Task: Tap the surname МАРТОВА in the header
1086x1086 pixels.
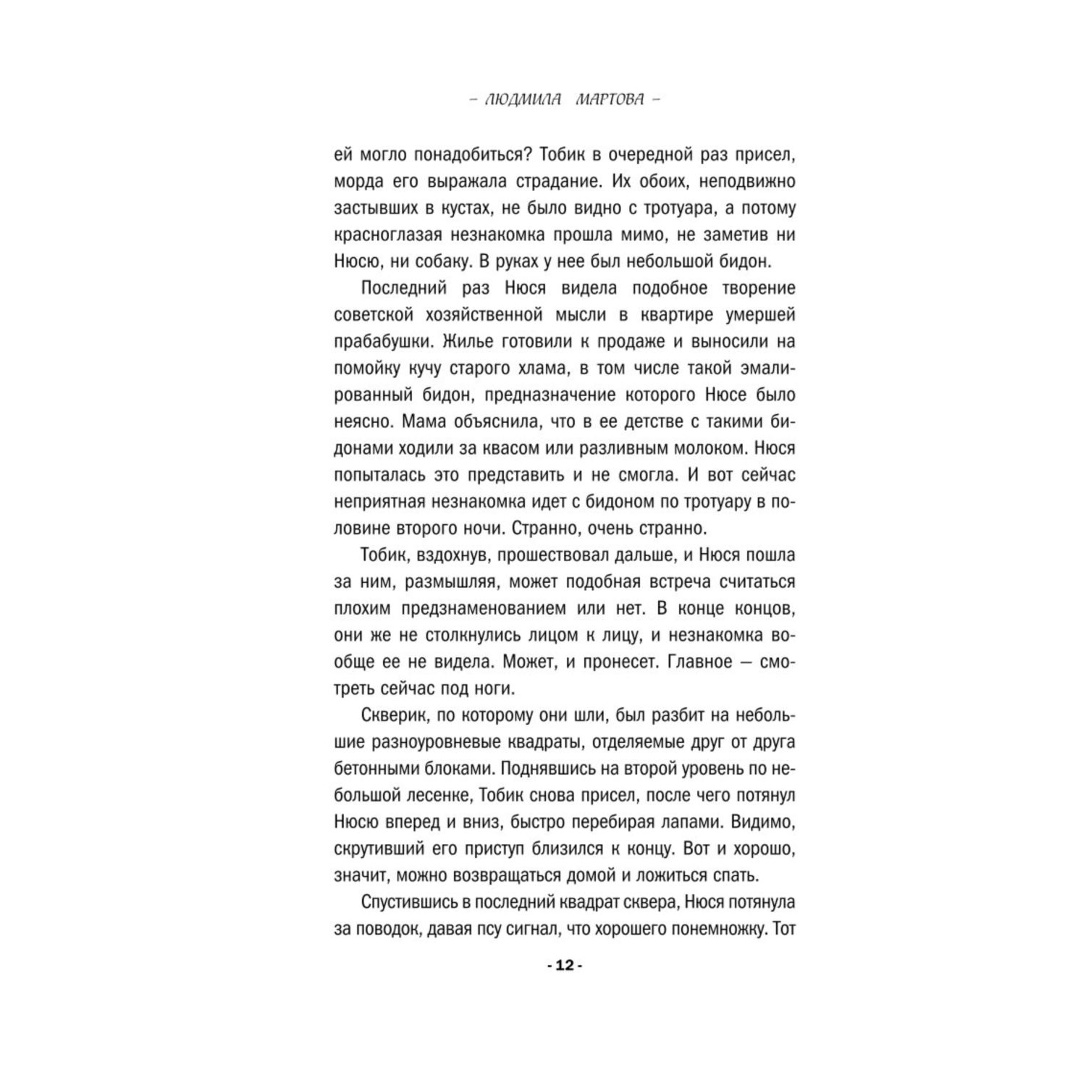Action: [609, 100]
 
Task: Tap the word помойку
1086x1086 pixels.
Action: [366, 369]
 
